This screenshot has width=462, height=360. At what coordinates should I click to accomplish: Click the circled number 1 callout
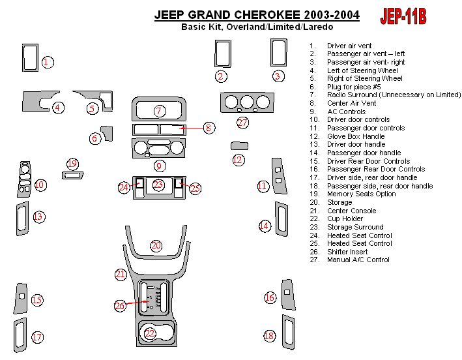point(47,62)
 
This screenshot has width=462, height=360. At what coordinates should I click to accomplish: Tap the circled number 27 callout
point(242,123)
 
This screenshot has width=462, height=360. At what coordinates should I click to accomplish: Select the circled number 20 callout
point(156,246)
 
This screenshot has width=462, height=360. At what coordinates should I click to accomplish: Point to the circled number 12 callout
point(238,160)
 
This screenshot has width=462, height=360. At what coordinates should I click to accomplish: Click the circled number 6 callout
point(94,138)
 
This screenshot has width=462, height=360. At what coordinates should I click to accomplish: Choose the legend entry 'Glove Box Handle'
point(355,136)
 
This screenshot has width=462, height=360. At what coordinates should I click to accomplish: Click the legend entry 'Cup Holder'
point(345,218)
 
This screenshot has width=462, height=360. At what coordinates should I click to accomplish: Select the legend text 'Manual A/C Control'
point(358,260)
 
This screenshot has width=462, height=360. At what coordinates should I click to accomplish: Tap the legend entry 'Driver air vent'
point(349,46)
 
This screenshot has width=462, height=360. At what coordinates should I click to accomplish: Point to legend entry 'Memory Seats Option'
point(361,194)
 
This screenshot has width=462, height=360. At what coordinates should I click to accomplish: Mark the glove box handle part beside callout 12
point(239,145)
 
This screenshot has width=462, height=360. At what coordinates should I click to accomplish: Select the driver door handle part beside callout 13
point(22,218)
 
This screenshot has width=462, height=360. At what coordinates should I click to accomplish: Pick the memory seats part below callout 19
point(72,175)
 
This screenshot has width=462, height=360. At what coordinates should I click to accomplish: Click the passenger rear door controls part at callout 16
point(288,295)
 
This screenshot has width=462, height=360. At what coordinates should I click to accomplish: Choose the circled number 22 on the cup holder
point(150,333)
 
